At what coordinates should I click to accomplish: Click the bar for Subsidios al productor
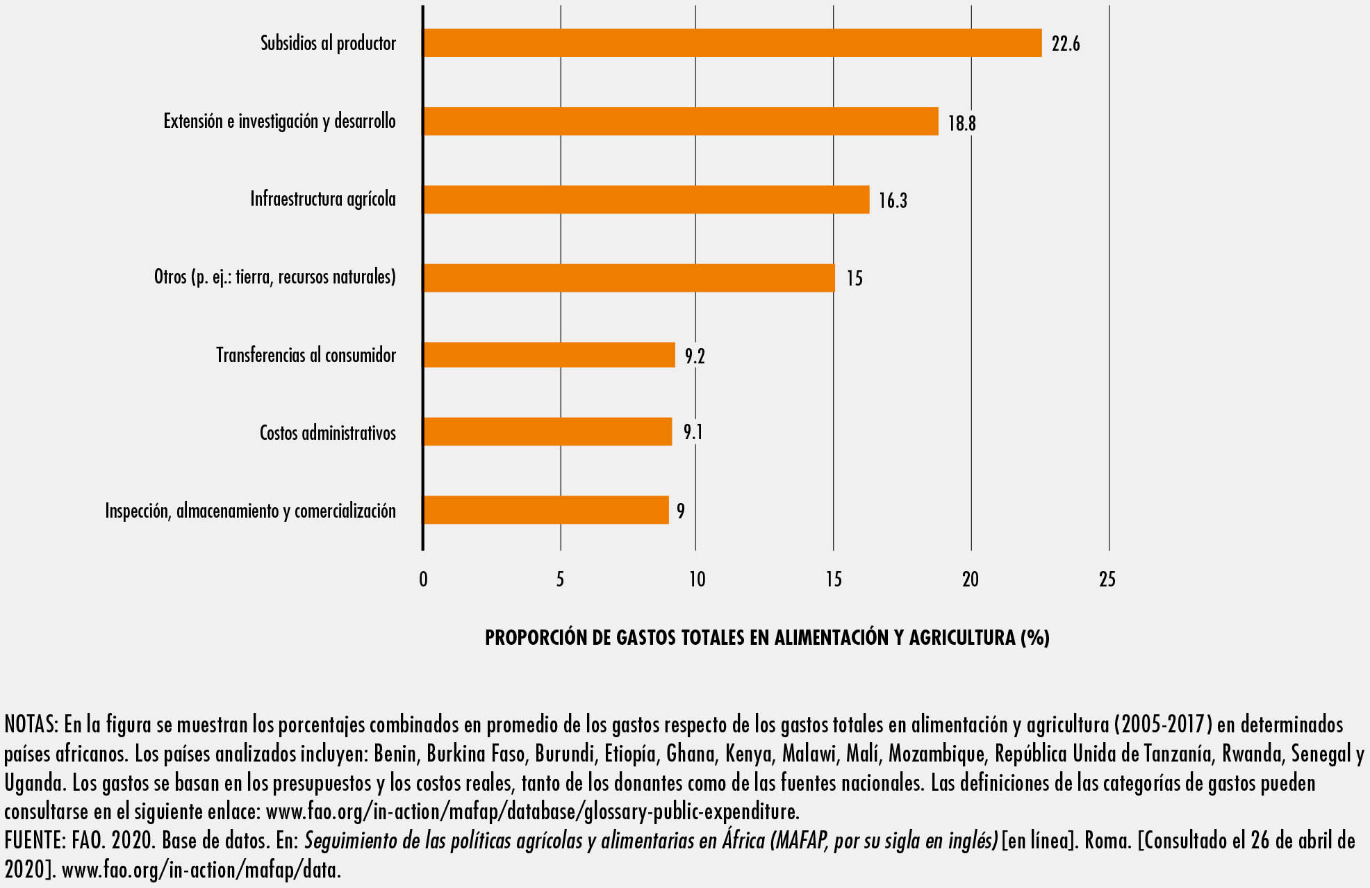(732, 43)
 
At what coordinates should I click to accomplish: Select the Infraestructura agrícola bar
(646, 199)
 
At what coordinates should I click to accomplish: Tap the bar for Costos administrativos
(547, 431)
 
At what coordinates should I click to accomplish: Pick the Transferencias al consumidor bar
(549, 354)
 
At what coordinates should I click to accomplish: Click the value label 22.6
(1065, 44)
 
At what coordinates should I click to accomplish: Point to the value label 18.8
(962, 123)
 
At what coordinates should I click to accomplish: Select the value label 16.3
(893, 201)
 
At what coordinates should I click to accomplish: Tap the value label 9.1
(693, 432)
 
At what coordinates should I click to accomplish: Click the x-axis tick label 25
(1107, 579)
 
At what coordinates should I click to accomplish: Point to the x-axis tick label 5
(560, 579)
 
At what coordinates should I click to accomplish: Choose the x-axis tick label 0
(423, 579)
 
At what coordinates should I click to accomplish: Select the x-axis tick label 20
(970, 579)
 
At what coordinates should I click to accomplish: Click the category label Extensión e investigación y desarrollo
(279, 122)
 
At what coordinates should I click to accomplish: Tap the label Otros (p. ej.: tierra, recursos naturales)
(274, 277)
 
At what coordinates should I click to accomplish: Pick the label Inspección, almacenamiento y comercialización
(250, 511)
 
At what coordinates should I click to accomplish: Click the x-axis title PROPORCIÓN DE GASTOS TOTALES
(767, 637)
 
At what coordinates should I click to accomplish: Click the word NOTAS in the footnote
(31, 725)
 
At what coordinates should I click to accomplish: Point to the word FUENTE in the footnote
(33, 841)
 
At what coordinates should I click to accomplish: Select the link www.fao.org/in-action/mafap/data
(201, 870)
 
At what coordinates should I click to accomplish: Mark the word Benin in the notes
(395, 754)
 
